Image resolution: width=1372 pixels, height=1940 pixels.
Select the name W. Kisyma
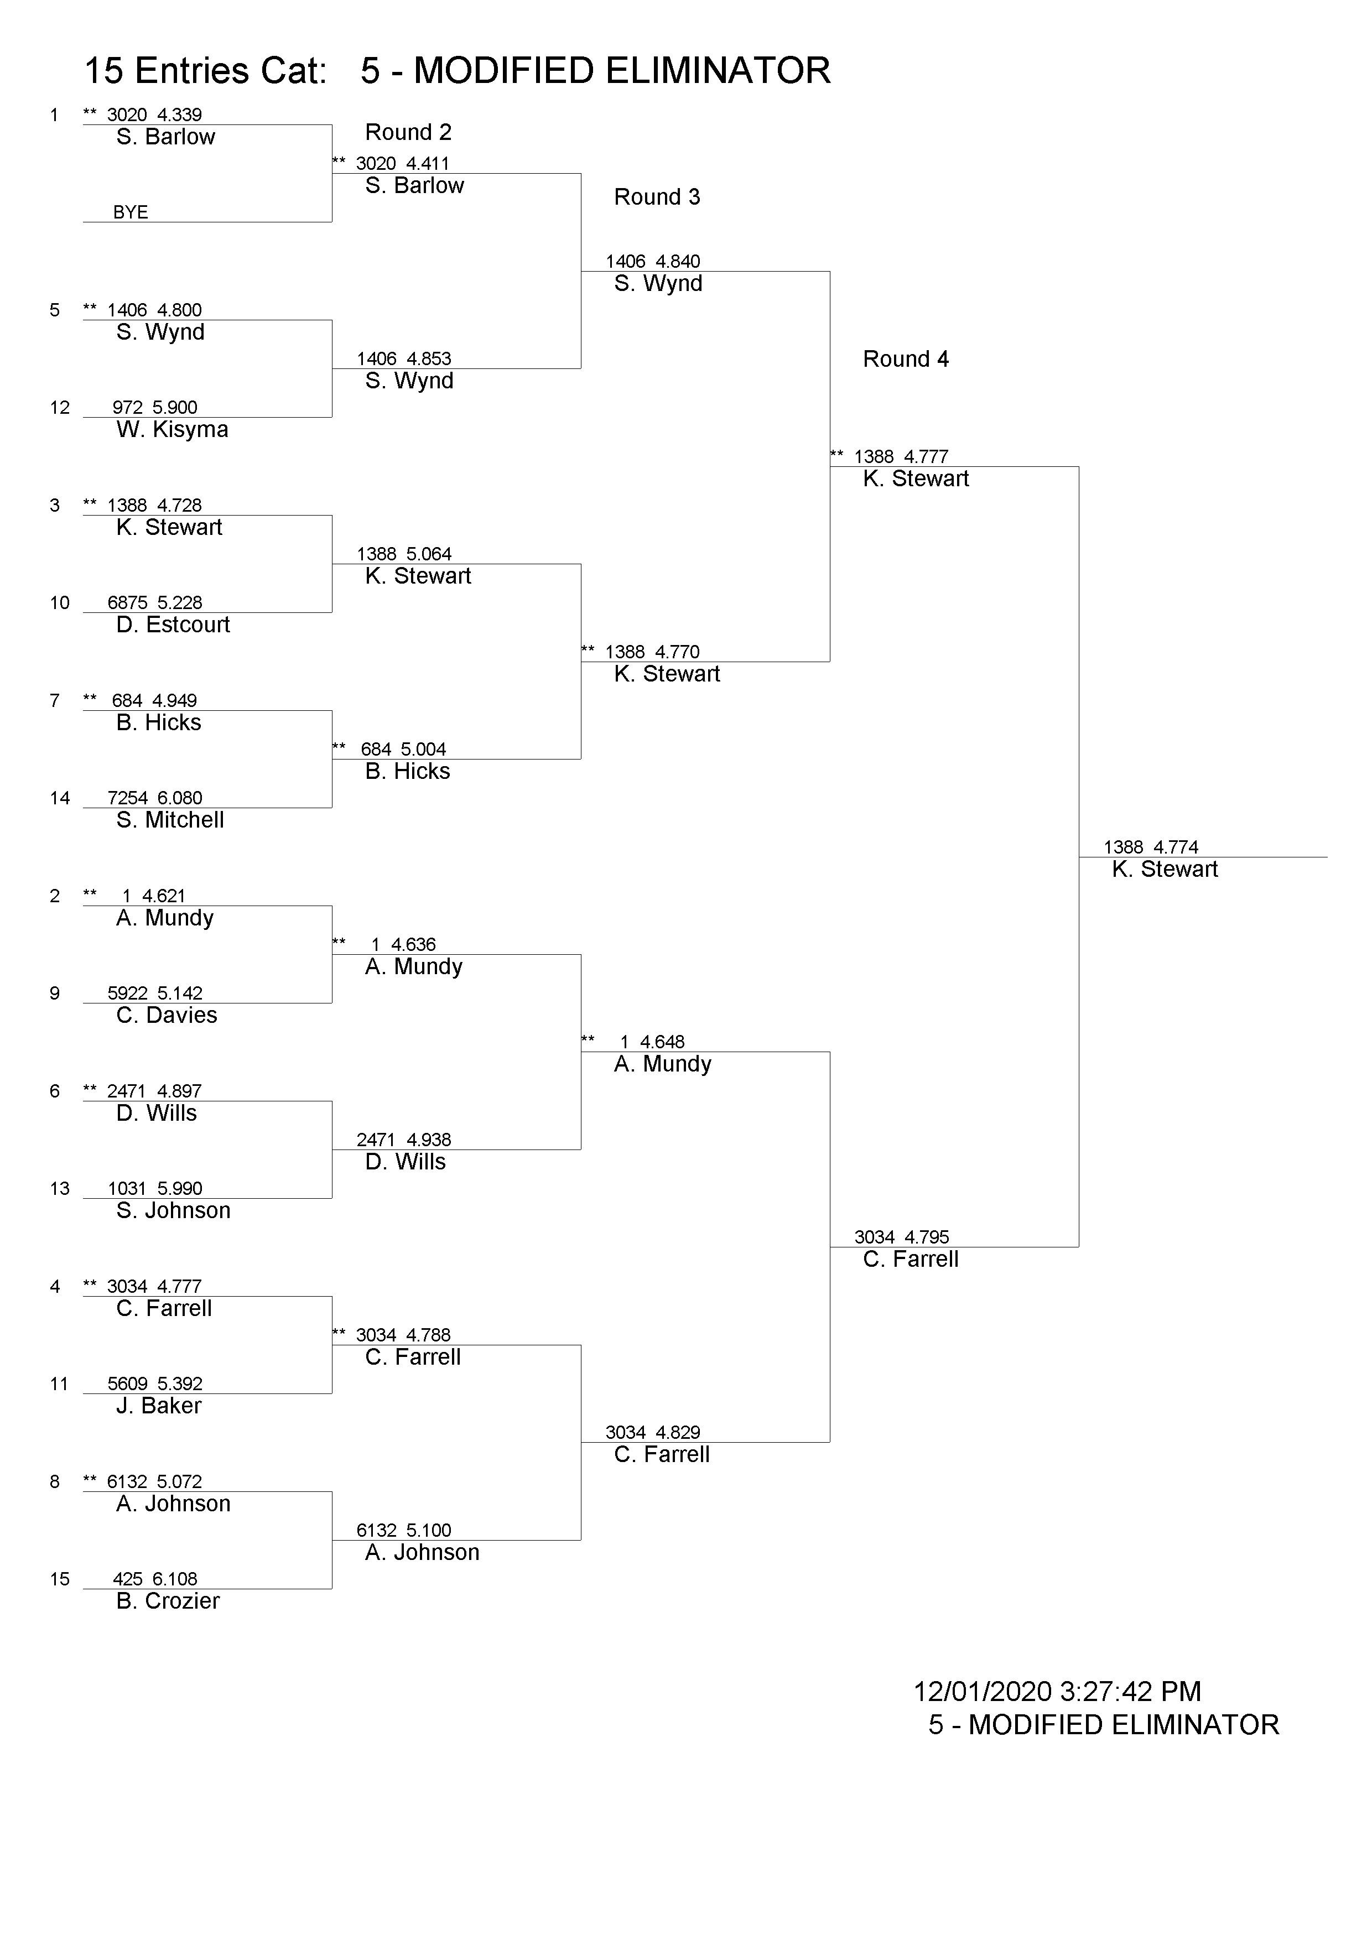[x=173, y=429]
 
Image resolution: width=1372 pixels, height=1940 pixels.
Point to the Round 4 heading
[x=906, y=359]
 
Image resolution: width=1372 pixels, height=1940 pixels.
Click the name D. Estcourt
[x=173, y=625]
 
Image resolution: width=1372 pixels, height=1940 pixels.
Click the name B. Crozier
[x=168, y=1600]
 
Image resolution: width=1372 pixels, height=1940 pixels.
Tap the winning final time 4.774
[x=1176, y=846]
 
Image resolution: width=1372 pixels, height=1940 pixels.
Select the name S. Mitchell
[x=170, y=820]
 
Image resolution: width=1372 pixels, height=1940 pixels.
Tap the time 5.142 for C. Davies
[x=180, y=993]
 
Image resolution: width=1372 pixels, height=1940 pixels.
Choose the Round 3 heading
[x=657, y=197]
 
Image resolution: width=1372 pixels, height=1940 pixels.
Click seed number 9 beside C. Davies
[x=55, y=993]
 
